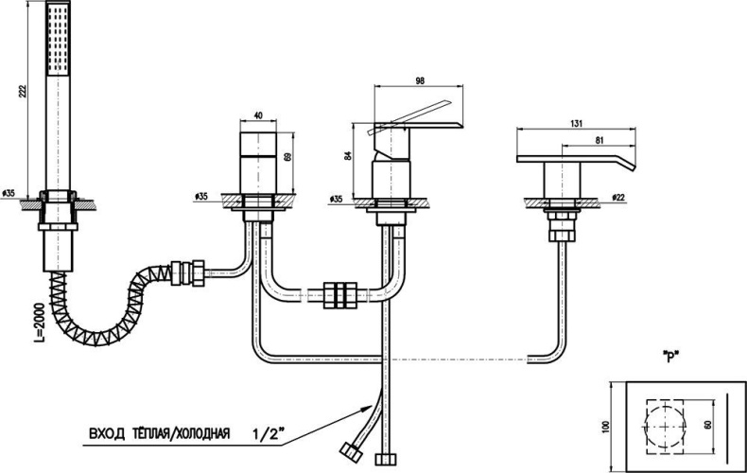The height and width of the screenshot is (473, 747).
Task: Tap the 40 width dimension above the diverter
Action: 258,117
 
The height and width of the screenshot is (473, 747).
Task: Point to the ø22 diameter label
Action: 618,197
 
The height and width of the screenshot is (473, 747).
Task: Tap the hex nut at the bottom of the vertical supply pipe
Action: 384,460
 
